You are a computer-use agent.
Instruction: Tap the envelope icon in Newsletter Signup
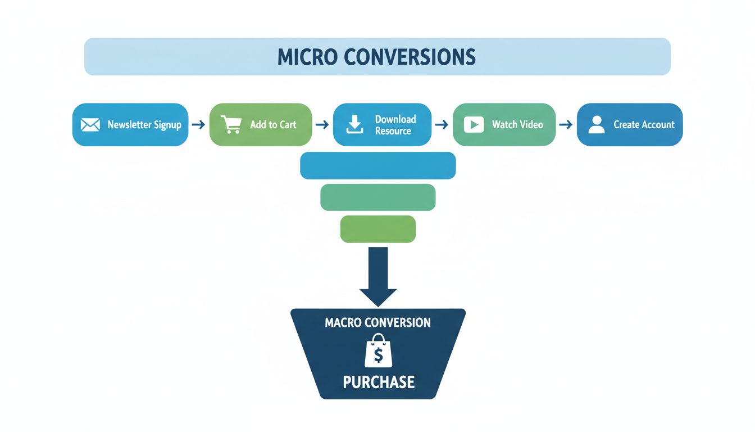point(90,125)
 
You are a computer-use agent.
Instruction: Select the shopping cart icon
point(231,124)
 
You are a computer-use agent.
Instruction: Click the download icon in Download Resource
point(354,125)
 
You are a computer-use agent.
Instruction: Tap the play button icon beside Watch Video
point(474,125)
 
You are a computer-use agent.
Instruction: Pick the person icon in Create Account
point(596,125)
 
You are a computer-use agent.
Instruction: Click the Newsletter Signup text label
point(144,125)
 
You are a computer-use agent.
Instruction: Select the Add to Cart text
point(273,125)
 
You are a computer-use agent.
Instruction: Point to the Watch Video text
point(517,125)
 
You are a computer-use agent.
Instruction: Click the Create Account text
point(644,125)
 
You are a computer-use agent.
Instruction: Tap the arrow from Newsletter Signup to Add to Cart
point(198,125)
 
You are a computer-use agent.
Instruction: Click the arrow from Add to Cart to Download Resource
point(322,125)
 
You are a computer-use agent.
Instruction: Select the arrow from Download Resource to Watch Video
point(442,125)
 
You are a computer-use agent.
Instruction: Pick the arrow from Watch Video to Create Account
point(566,125)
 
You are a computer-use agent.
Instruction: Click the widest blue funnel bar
point(377,165)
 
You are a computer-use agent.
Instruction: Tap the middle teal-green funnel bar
point(377,197)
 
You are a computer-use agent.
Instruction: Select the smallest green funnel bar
point(377,229)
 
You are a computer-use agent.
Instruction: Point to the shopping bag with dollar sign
point(378,352)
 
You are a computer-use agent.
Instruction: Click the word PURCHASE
point(379,382)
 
